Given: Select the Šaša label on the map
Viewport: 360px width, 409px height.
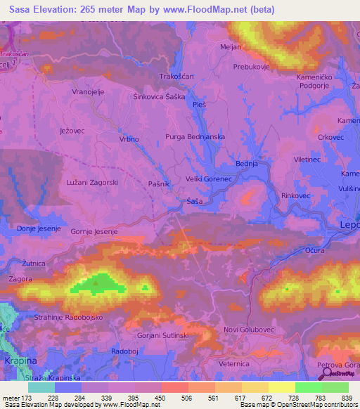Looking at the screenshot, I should tap(195, 202).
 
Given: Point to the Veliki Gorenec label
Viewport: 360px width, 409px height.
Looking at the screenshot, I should tap(209, 179).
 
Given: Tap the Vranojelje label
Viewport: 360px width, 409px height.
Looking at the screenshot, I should tap(89, 91).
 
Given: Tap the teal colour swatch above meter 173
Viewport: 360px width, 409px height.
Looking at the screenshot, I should tap(41, 387).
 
